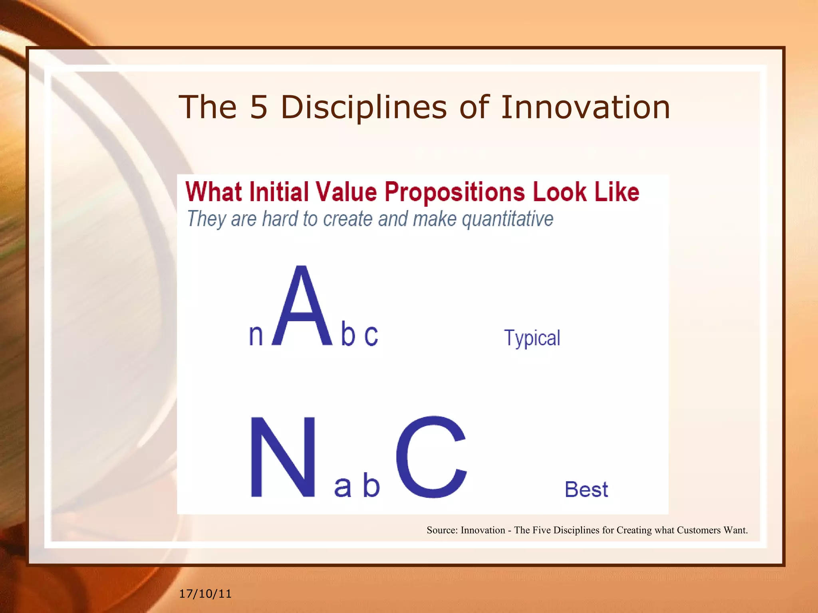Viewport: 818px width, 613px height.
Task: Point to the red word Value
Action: tap(346, 192)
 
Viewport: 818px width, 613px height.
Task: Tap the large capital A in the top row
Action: tap(302, 307)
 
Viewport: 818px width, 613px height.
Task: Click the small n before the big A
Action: tap(256, 335)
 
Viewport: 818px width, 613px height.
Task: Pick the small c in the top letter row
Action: tap(371, 335)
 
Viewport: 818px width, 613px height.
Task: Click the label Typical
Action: tap(532, 338)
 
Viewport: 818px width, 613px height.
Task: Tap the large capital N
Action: tap(283, 457)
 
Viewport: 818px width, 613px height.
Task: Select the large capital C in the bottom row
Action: tap(431, 457)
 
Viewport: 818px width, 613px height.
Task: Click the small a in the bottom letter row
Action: tap(343, 488)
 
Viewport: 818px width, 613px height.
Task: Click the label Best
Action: tap(586, 489)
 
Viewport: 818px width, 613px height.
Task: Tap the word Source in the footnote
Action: tap(441, 530)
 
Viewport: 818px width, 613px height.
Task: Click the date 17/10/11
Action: tap(205, 594)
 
